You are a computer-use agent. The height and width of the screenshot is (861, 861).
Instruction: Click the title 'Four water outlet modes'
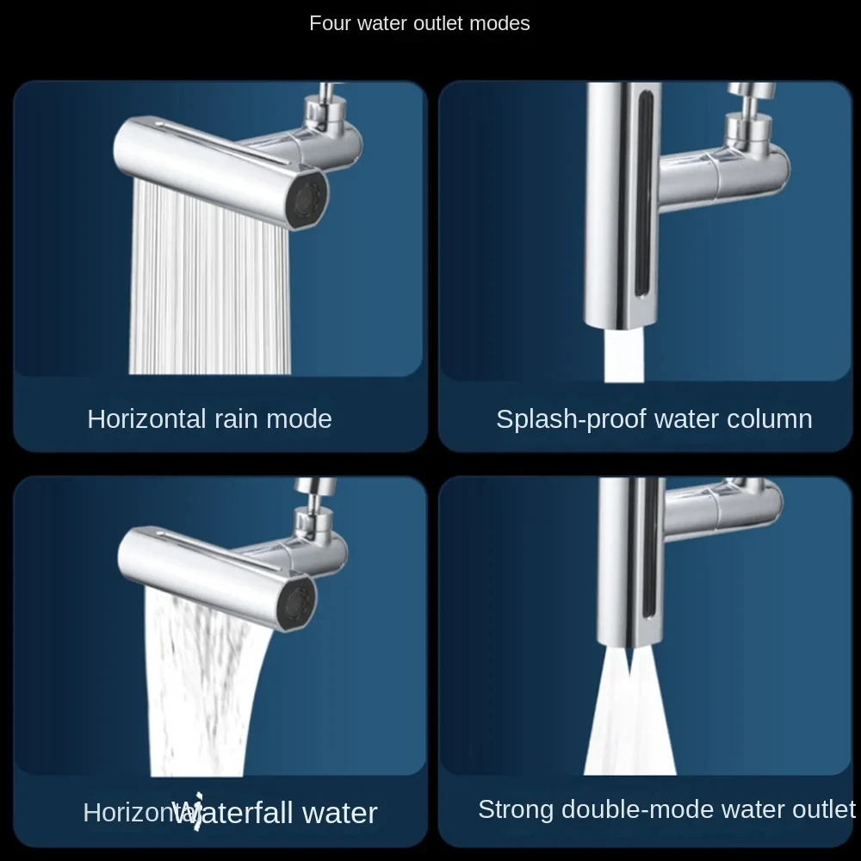coord(419,23)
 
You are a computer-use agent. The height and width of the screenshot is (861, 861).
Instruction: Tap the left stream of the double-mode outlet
coord(612,723)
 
